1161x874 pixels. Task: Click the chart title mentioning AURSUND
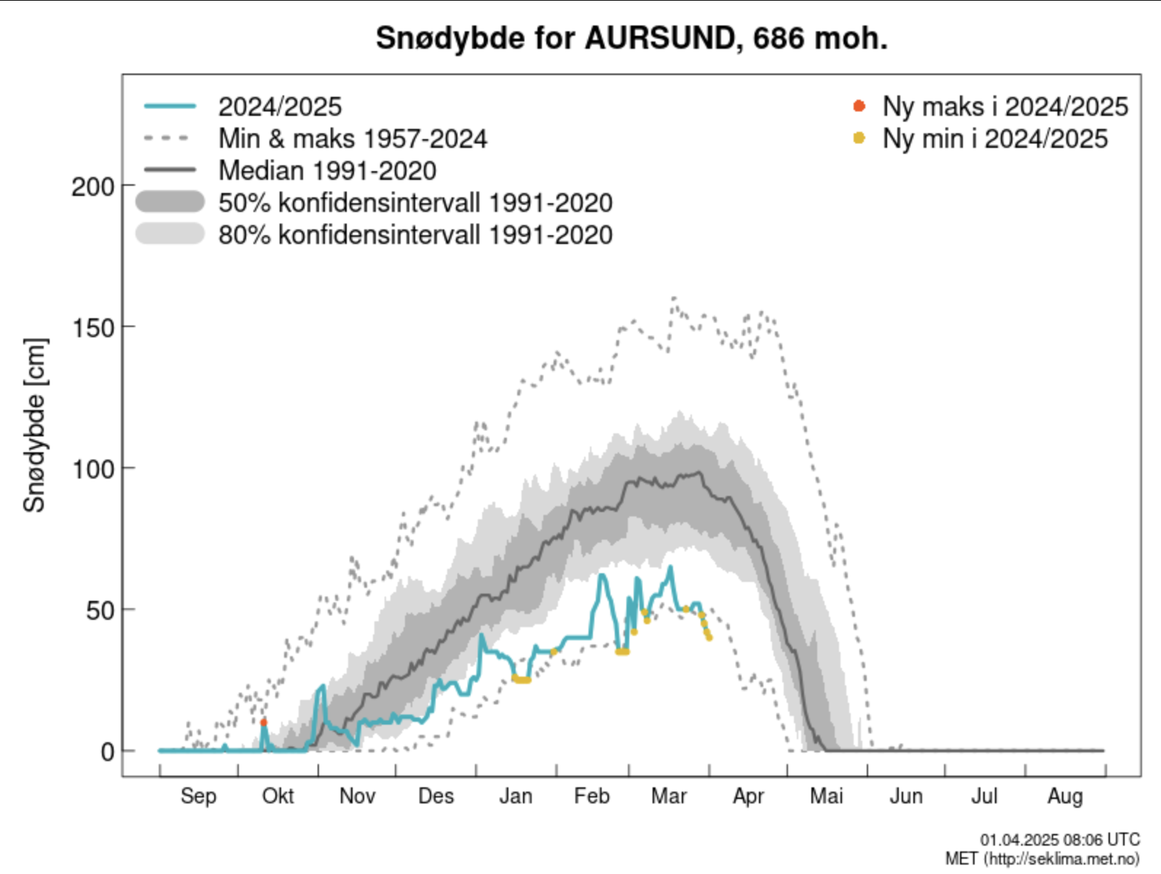[631, 38]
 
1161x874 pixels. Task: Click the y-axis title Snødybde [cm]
[34, 425]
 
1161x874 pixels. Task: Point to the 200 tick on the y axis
[93, 186]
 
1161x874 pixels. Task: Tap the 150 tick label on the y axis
[93, 328]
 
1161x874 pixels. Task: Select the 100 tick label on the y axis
[93, 469]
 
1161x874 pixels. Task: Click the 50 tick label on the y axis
[101, 610]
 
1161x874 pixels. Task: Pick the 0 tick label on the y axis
[108, 752]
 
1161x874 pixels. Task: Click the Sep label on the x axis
[198, 796]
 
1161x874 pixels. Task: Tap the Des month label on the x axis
[436, 796]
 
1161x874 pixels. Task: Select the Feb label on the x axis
[591, 796]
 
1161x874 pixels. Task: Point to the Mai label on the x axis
[826, 796]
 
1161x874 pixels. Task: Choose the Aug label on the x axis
[1065, 796]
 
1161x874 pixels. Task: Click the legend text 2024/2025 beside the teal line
[280, 107]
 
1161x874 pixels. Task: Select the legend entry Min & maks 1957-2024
[353, 138]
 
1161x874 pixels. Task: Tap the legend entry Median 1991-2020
[327, 170]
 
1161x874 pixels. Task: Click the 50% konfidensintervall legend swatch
[170, 202]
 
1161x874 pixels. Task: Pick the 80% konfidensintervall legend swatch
[170, 234]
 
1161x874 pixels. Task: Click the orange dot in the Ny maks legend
[859, 106]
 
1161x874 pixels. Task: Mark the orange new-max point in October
[264, 723]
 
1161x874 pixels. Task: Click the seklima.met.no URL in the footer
[1061, 859]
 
